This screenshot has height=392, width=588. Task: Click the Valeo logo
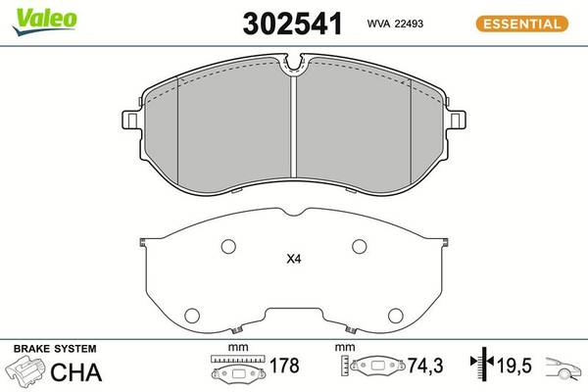[45, 21]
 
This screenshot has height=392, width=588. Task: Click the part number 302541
[292, 24]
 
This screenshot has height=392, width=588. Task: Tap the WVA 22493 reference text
[395, 24]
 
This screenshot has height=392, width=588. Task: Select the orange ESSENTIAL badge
[522, 24]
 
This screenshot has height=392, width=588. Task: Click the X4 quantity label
[294, 259]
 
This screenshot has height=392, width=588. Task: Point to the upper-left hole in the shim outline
[228, 246]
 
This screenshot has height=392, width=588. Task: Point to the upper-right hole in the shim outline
[360, 246]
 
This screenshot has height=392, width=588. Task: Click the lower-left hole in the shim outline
[192, 316]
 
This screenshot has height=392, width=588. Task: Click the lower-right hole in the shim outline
[395, 316]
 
